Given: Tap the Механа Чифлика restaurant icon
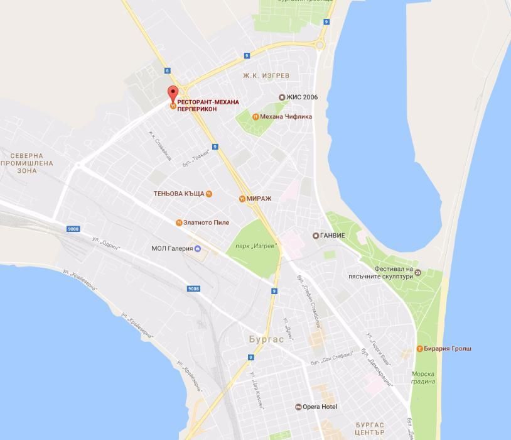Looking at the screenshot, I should (x=255, y=117).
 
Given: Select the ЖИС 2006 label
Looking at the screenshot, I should (x=302, y=97).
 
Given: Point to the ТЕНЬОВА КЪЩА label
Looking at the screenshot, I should (x=178, y=194).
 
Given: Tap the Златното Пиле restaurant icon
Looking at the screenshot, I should (x=179, y=223).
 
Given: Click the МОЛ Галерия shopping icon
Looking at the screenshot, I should (x=196, y=247).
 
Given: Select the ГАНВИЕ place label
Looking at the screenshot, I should (x=332, y=236).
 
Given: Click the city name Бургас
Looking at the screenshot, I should (x=263, y=339).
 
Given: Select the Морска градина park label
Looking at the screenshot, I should (x=423, y=377).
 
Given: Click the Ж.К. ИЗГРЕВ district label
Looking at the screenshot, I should (x=266, y=75).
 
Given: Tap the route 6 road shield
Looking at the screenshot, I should (x=168, y=71).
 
